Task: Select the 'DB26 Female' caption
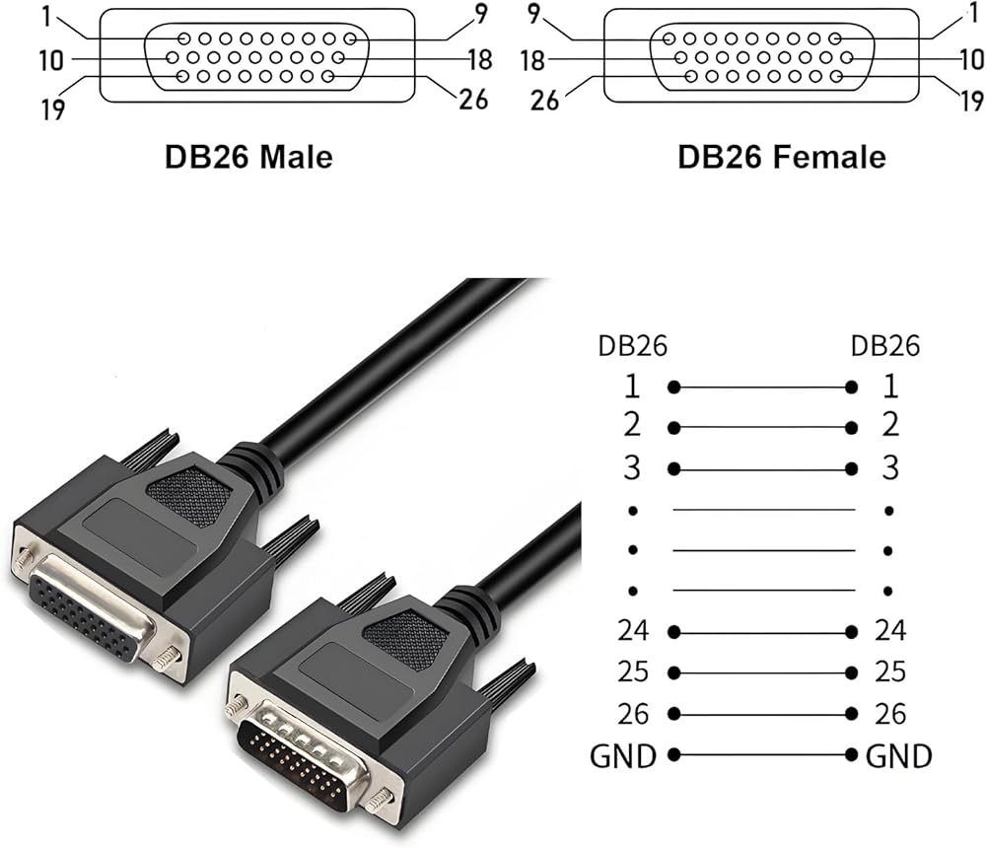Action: pos(781,156)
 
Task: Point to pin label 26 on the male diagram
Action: pos(473,99)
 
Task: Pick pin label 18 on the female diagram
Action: pos(533,61)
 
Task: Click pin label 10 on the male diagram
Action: pos(51,61)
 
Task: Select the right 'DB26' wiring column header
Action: pos(884,346)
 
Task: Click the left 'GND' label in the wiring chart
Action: pos(623,756)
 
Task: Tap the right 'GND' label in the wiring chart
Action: pos(898,756)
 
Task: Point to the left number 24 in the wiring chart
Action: pos(633,629)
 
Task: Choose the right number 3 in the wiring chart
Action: pos(889,467)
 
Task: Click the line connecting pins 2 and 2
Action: pos(762,428)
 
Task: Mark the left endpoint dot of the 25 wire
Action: pos(674,672)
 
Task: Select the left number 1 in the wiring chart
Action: pos(632,386)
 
